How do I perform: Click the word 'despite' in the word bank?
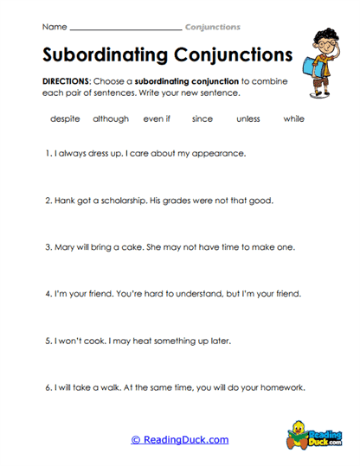65,119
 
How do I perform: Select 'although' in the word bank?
110,119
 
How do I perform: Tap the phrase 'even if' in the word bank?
157,119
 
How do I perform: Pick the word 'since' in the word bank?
202,119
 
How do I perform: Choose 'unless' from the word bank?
247,119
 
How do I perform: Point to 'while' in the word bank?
293,119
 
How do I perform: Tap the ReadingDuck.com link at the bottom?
180,439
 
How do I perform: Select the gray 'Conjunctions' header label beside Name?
213,27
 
